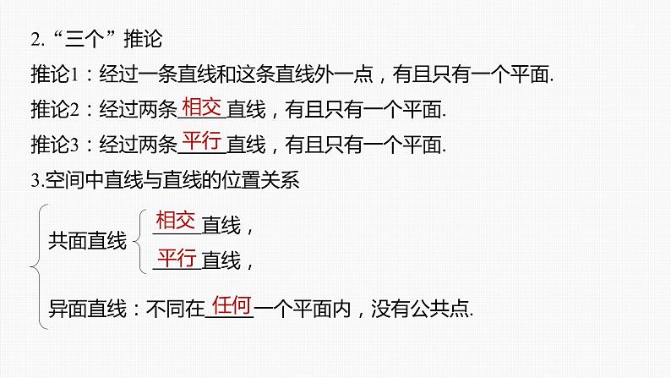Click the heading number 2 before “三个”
click(x=33, y=40)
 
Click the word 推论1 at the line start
click(x=53, y=75)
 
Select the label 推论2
click(x=53, y=110)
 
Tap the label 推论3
click(x=53, y=145)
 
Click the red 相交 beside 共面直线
click(x=176, y=222)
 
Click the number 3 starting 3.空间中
click(x=32, y=181)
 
